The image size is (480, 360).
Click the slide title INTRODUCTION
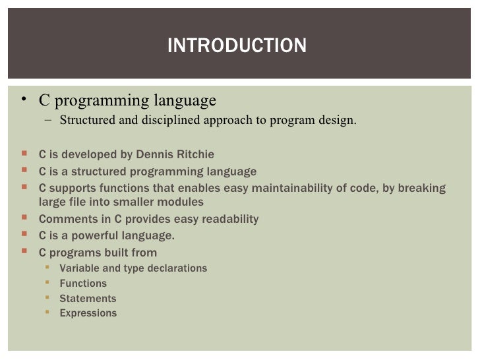click(237, 45)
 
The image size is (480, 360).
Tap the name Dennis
click(155, 155)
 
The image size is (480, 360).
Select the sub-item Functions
click(83, 284)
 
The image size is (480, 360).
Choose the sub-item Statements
click(88, 299)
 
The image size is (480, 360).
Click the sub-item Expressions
click(88, 314)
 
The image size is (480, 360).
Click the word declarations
click(177, 268)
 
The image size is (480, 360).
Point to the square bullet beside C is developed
click(24, 154)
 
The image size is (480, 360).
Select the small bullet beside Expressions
click(47, 313)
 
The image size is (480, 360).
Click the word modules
click(180, 202)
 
